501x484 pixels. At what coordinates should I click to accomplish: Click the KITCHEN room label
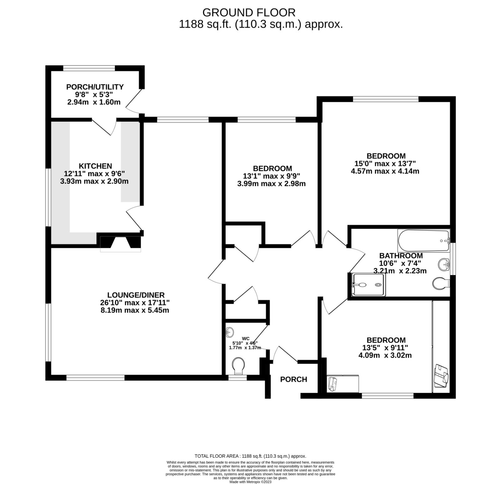[x=95, y=166]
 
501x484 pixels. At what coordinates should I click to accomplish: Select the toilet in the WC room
[x=239, y=366]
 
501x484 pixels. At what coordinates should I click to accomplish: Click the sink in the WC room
[x=230, y=332]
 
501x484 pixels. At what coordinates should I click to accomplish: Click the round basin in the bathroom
[x=444, y=265]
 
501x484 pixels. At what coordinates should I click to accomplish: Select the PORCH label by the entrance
[x=293, y=380]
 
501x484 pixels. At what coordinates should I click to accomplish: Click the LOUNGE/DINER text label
[x=136, y=295]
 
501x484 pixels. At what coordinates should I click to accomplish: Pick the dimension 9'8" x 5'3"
[x=94, y=94]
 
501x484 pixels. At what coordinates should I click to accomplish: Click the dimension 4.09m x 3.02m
[x=385, y=355]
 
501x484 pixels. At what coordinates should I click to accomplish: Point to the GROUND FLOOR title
[x=249, y=13]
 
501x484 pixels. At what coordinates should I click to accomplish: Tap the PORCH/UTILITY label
[x=95, y=87]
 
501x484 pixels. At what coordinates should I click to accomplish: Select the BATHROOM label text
[x=401, y=256]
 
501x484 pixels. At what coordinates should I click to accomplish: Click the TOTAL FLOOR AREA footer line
[x=250, y=456]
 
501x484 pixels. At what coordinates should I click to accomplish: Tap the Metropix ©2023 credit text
[x=250, y=482]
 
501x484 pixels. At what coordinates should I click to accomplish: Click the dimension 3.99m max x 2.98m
[x=271, y=184]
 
